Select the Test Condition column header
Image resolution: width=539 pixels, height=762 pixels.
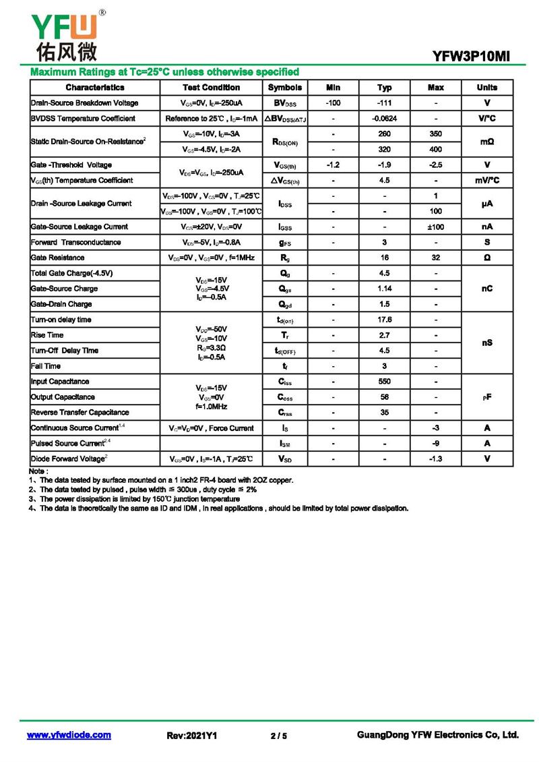pos(211,88)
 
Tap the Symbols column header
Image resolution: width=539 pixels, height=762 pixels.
pos(285,88)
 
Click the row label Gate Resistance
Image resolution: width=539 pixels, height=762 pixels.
pos(58,258)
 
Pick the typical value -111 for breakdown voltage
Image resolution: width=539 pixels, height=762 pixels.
pos(385,103)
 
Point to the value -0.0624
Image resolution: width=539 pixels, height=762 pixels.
pos(385,119)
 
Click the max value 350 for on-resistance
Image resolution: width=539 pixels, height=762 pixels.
pos(436,134)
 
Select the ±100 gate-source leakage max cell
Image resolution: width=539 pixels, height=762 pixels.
pos(436,227)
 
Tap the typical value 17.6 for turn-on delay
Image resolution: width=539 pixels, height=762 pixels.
pos(385,320)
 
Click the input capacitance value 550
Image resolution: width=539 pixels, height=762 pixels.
pos(385,382)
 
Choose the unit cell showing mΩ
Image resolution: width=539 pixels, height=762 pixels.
pos(487,142)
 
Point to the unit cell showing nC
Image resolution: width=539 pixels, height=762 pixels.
pos(487,289)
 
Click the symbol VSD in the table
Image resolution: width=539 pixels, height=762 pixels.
pos(285,459)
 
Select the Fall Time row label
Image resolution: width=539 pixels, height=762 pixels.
pos(46,366)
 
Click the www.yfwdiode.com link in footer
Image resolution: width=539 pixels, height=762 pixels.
pos(69,735)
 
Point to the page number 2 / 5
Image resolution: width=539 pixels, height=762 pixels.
pos(278,736)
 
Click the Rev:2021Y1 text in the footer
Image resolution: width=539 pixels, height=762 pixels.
pos(192,736)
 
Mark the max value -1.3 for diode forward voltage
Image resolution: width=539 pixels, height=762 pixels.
pos(436,459)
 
